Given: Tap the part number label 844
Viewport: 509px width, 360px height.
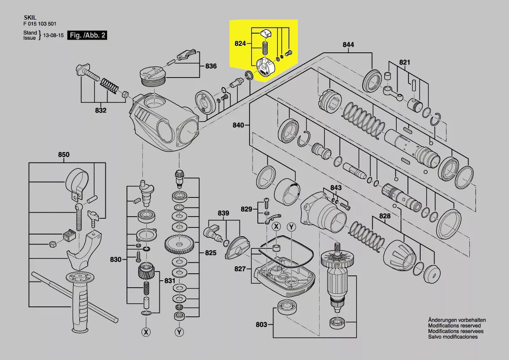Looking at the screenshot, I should tap(348, 44).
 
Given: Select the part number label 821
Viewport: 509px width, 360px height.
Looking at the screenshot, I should tap(405, 62).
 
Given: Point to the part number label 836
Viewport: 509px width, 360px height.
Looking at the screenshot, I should tap(211, 66).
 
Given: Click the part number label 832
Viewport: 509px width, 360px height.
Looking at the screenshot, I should tap(101, 110).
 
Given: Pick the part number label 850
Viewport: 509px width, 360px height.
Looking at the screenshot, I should tap(64, 155).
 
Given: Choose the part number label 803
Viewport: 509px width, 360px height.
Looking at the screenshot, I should tap(261, 325).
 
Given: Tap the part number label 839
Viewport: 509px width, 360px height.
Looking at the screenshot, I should tap(223, 213).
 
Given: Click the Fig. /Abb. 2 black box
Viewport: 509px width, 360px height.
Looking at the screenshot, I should tap(87, 36).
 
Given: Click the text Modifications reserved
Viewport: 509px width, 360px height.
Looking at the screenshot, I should tap(454, 326).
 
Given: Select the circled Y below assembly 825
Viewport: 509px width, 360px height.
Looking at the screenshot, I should tap(179, 332).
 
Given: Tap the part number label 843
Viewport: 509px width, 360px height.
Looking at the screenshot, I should tap(336, 188).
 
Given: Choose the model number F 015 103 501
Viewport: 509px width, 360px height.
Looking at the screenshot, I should tap(39, 24).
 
